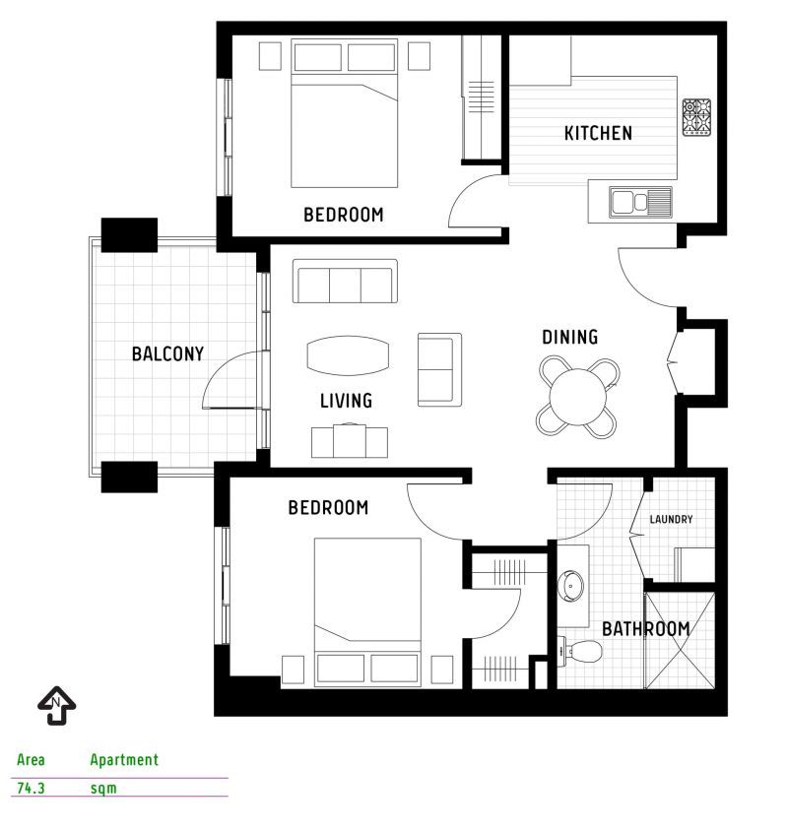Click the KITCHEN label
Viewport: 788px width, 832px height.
(x=598, y=133)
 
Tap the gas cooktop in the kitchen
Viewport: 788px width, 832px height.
(x=696, y=117)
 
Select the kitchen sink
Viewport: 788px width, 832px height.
(x=640, y=202)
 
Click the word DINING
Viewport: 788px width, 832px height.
(x=569, y=337)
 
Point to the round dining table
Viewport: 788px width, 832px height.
(x=578, y=397)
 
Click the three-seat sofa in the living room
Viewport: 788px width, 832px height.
(x=345, y=282)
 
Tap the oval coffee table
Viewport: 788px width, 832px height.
(x=348, y=355)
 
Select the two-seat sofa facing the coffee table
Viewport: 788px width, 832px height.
(x=439, y=369)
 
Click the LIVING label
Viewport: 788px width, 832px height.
(x=346, y=401)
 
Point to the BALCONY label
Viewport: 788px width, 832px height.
(x=167, y=353)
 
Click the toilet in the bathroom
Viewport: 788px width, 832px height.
(x=580, y=651)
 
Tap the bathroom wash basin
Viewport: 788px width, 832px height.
(x=571, y=586)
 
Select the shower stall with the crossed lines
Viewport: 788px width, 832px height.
(x=679, y=640)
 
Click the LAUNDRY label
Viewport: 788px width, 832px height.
(x=671, y=519)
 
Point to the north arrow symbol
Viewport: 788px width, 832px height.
(x=57, y=705)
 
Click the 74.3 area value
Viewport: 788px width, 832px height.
(x=31, y=788)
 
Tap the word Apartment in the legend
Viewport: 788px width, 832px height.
(x=124, y=760)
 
